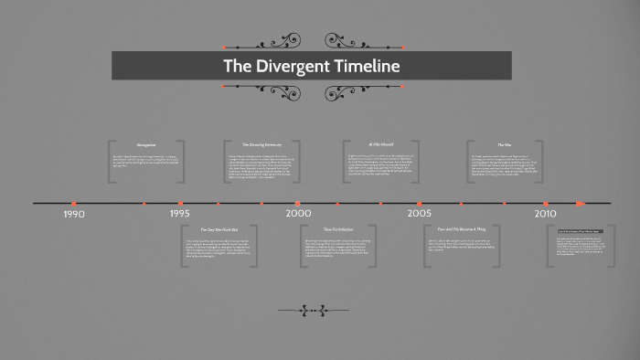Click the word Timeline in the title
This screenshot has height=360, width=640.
366,67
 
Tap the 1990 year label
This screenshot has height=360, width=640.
74,214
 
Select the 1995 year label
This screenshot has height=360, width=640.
180,213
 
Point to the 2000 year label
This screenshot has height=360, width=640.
298,213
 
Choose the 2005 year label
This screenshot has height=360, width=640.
420,213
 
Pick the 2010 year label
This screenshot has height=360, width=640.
546,213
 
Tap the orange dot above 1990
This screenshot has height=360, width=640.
74,204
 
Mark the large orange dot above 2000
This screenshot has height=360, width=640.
298,204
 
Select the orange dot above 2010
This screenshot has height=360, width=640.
546,204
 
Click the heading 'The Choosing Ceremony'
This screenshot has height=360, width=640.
261,145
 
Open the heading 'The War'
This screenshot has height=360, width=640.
504,145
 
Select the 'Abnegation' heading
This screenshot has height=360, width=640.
146,145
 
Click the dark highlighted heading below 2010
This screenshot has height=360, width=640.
581,231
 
